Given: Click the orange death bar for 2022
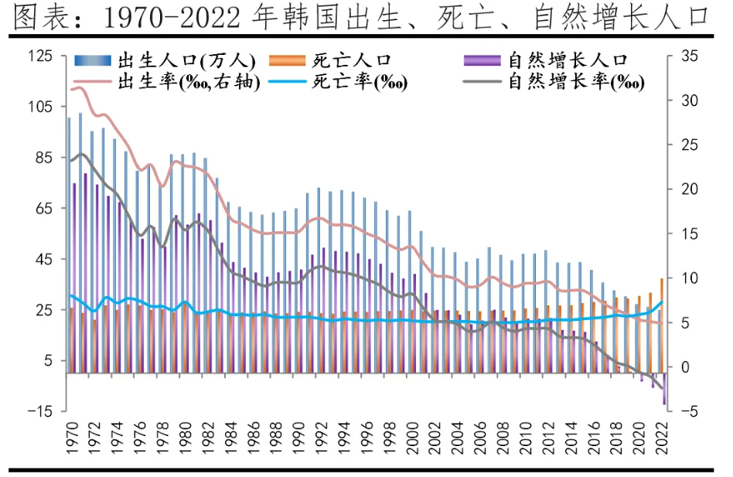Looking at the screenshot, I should [661, 325].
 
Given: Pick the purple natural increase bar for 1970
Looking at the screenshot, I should [74, 278].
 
